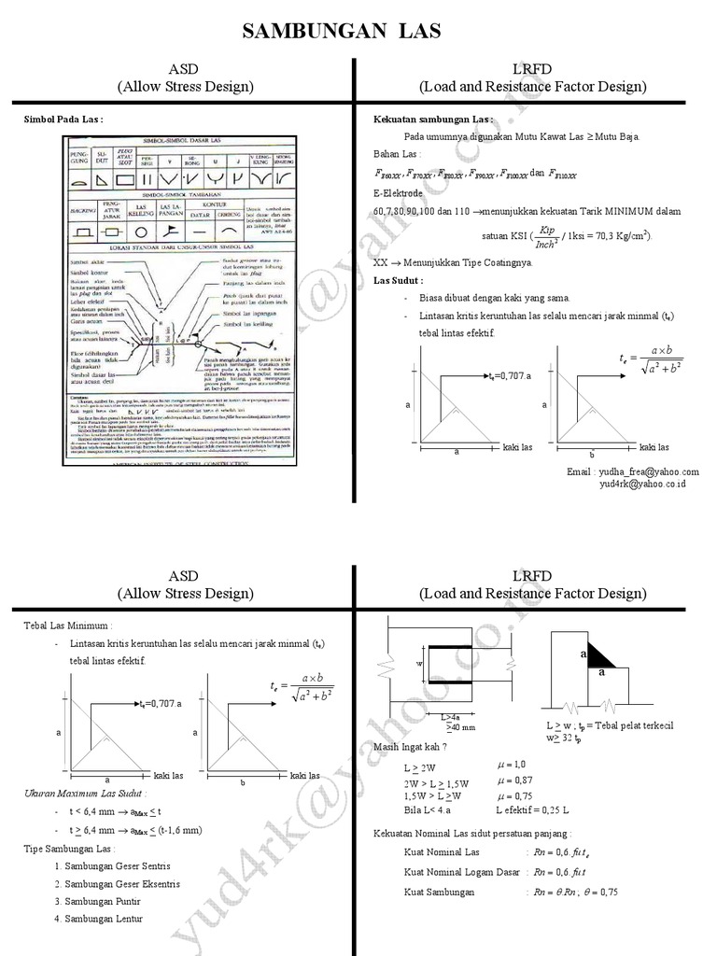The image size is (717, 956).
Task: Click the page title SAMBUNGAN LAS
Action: [x=341, y=33]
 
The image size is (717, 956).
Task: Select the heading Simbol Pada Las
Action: [x=63, y=119]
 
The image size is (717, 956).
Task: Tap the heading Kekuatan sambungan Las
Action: [x=433, y=119]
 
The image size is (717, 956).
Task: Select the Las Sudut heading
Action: [x=398, y=280]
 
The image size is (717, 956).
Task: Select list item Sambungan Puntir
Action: [x=98, y=901]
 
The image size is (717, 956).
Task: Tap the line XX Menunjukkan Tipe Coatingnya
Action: [x=453, y=263]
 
